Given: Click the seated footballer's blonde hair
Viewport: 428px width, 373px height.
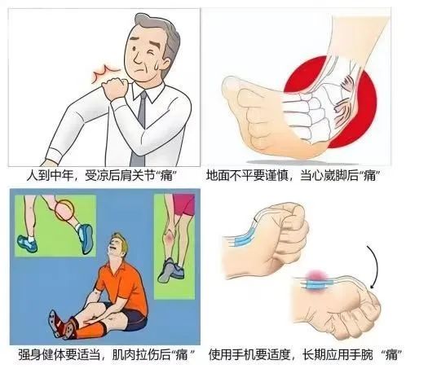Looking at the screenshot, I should point(113,240).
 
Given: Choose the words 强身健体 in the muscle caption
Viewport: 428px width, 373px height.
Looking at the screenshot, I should point(41,355).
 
